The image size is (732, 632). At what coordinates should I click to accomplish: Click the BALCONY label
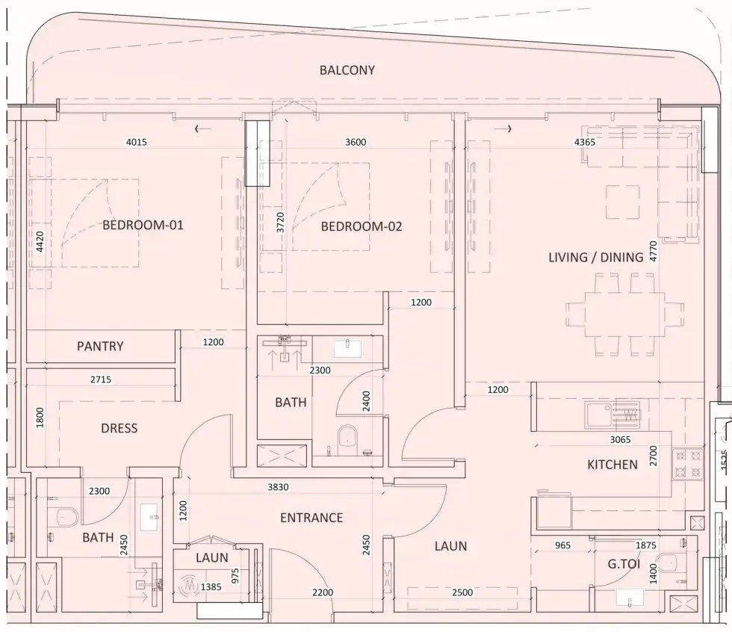tap(347, 70)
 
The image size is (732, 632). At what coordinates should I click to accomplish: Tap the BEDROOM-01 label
tap(143, 225)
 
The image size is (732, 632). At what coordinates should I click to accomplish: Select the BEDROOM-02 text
tap(362, 226)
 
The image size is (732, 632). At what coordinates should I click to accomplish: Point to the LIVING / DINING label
tap(596, 257)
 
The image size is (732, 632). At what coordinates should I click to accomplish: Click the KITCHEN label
tap(612, 465)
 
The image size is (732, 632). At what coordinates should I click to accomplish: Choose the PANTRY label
tap(100, 346)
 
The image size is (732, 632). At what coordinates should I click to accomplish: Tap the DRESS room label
tap(119, 428)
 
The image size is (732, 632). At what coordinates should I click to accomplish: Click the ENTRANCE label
tap(311, 518)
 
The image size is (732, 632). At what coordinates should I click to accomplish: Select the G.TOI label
tap(624, 564)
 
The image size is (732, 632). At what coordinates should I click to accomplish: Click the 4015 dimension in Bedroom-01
tap(136, 142)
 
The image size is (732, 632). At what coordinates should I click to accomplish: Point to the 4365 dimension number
tap(584, 142)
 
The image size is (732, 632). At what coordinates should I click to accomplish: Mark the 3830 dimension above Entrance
tap(278, 487)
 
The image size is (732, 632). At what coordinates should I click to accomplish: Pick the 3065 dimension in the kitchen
tap(620, 439)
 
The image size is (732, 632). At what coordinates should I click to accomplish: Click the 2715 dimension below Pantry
tap(100, 379)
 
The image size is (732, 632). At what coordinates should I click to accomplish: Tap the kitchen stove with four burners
tap(688, 463)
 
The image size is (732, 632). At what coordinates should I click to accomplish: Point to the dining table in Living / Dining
tap(624, 315)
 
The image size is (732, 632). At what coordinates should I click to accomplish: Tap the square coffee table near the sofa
tap(623, 202)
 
